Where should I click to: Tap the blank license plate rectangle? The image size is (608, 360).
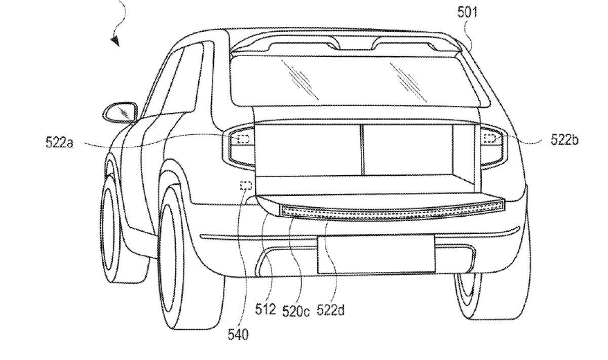coord(375,254)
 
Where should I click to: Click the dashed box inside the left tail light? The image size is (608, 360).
coord(243,138)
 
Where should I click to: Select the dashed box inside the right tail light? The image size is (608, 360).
coord(489,138)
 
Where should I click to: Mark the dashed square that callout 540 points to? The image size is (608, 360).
coord(246,186)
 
